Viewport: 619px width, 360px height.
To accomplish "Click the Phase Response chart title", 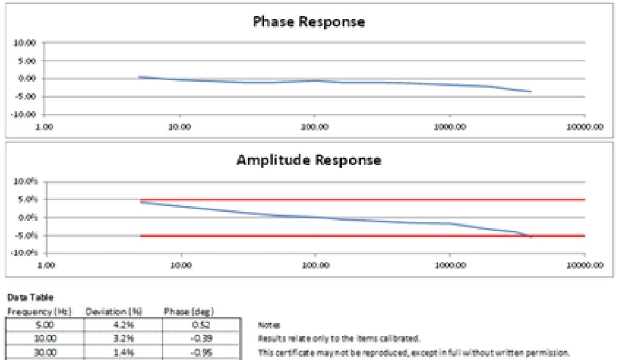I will point(309,22).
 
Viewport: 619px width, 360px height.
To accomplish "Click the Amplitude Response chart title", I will point(309,160).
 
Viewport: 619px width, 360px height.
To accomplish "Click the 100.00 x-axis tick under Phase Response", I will point(315,127).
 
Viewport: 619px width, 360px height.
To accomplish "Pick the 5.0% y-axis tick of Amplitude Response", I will point(28,200).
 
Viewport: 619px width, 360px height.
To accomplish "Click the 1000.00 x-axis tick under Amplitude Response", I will point(450,265).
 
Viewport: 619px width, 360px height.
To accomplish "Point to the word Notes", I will point(266,326).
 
